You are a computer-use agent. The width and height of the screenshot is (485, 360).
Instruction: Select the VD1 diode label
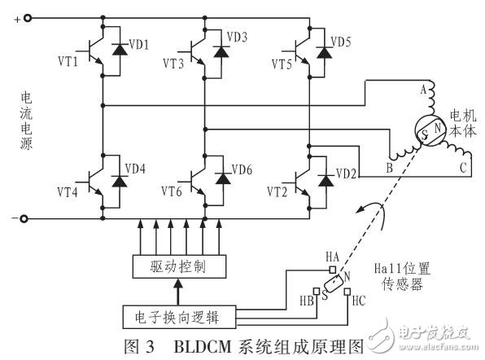(138, 45)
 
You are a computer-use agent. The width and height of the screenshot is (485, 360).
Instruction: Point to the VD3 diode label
(237, 37)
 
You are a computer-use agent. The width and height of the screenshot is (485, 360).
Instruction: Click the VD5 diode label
(339, 42)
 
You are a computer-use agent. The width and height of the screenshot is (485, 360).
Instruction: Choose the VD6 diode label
(242, 169)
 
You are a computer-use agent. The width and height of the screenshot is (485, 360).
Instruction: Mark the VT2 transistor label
(278, 192)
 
